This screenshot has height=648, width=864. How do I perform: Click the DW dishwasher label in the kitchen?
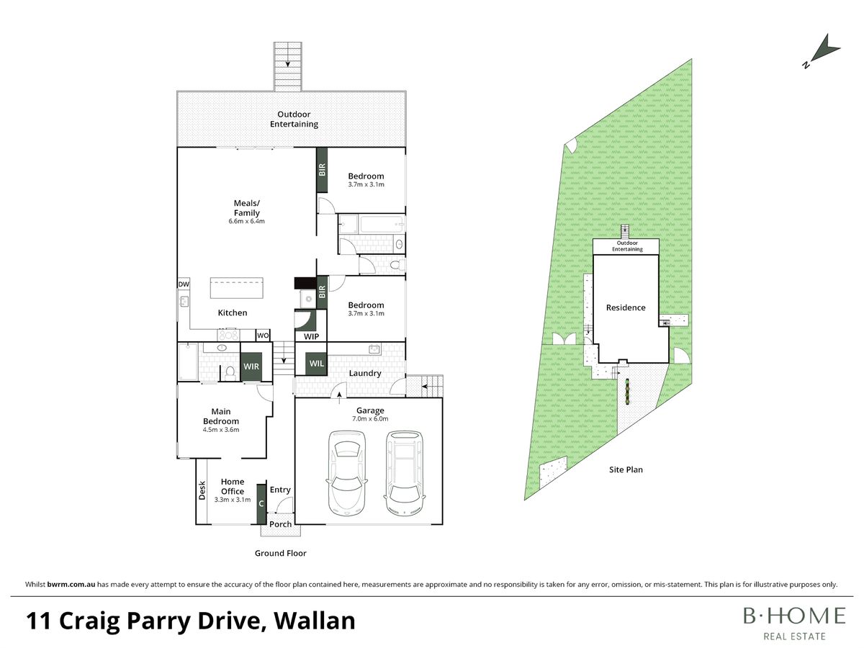[x=184, y=284]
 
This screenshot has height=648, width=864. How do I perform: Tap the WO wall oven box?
[x=263, y=336]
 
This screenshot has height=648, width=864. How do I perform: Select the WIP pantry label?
[x=311, y=336]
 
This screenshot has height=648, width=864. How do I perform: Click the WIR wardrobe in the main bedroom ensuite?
[x=251, y=366]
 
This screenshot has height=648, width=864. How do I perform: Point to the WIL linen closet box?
[x=317, y=363]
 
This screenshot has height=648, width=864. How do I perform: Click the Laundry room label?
[x=365, y=373]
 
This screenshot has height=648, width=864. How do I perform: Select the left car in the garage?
[x=346, y=473]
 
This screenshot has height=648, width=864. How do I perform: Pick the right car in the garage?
[x=404, y=473]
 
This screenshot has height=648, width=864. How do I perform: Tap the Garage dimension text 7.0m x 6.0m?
[x=370, y=418]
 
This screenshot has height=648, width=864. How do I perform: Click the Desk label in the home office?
[x=202, y=490]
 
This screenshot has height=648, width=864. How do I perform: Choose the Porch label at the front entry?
[x=280, y=524]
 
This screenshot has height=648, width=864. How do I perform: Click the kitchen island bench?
[x=236, y=289]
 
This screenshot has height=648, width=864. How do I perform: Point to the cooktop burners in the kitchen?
[x=228, y=335]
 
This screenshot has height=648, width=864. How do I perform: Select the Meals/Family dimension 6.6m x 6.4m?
[x=246, y=221]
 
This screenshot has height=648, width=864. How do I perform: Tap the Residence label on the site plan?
[x=626, y=307]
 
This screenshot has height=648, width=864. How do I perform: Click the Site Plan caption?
[x=626, y=469]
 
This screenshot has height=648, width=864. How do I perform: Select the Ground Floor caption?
[x=280, y=553]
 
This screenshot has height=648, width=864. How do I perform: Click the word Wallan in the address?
[x=315, y=620]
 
